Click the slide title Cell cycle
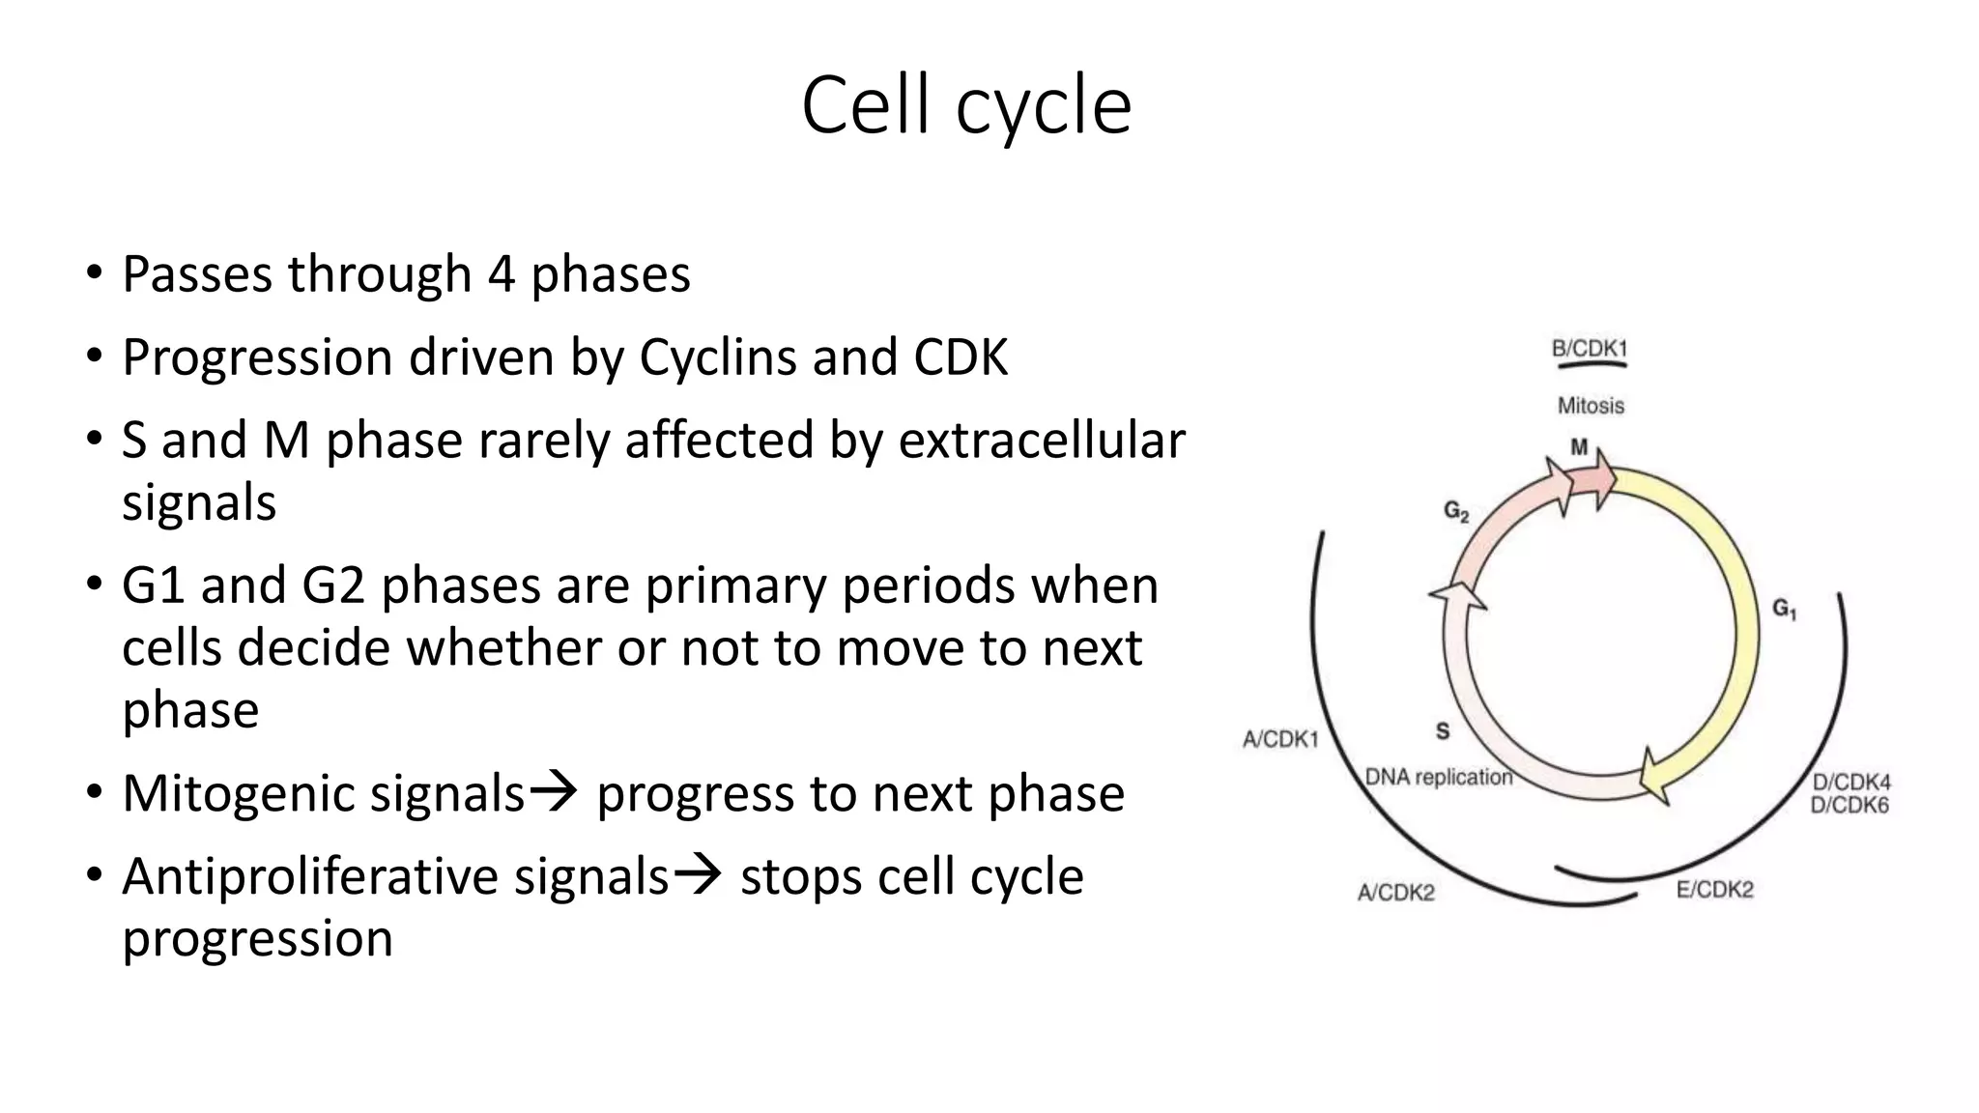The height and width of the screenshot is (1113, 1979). (966, 106)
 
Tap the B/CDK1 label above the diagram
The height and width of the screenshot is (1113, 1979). (1589, 349)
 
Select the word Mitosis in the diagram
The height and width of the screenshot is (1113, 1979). (1591, 406)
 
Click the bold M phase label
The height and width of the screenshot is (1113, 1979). (1579, 447)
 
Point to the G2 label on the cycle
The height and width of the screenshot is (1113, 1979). (1456, 511)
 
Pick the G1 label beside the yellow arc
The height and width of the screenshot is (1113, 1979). (1784, 609)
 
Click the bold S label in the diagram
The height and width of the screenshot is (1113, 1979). (1443, 731)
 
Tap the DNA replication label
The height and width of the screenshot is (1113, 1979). (1438, 777)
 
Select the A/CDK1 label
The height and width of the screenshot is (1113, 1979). (1279, 740)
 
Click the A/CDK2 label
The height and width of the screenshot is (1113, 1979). (1395, 893)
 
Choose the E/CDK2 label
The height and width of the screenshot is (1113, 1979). (1714, 890)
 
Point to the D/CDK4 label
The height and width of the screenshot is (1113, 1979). (1850, 782)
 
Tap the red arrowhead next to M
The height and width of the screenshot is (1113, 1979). (1604, 478)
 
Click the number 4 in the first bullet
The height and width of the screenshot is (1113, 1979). (501, 274)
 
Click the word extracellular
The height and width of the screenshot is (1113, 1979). (1041, 441)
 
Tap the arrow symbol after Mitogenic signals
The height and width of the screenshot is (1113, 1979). (555, 792)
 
